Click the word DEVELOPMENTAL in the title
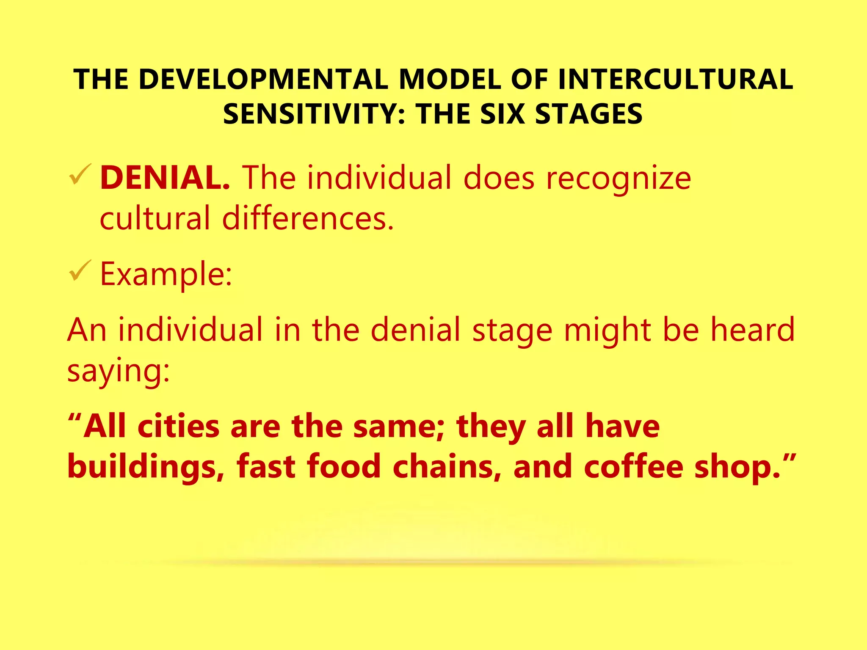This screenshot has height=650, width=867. tap(263, 79)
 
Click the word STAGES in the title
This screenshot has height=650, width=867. tap(589, 114)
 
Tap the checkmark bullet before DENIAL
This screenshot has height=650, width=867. tap(80, 174)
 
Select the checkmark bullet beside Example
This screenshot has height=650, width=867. tap(80, 270)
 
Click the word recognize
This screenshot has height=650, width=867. tap(618, 178)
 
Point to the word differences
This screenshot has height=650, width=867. tap(308, 218)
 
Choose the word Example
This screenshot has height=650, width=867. tap(166, 274)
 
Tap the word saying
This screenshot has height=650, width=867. tap(118, 371)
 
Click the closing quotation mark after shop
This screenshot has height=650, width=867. tap(790, 458)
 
